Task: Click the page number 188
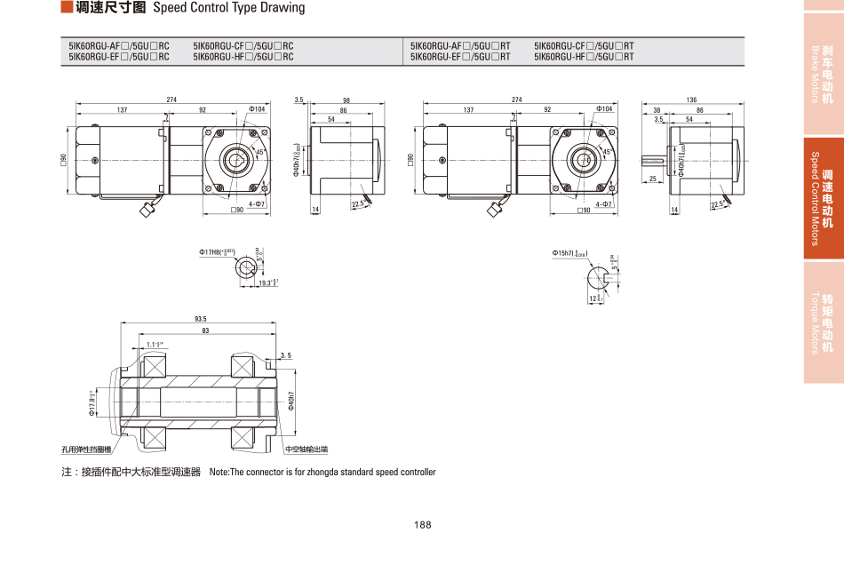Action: click(x=422, y=525)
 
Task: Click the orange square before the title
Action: click(x=66, y=8)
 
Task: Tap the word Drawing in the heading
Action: click(x=282, y=8)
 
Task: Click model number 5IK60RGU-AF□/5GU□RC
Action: click(x=119, y=45)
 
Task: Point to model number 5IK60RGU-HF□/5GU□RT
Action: click(x=584, y=57)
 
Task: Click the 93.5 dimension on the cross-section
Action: click(x=200, y=319)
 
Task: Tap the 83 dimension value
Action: click(x=205, y=330)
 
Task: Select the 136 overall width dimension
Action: click(x=691, y=99)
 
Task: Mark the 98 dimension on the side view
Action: click(x=346, y=99)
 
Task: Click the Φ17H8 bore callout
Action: click(x=217, y=252)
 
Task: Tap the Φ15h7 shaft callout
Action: click(x=569, y=254)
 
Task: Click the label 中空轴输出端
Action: click(x=307, y=450)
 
